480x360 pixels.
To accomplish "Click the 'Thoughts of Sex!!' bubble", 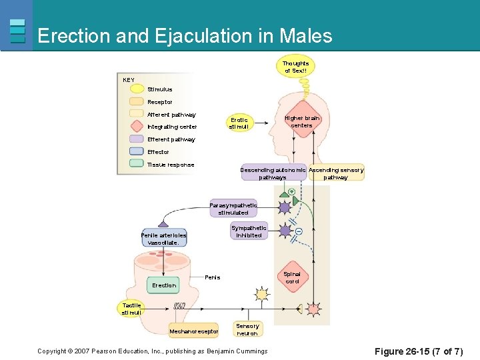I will [x=297, y=67].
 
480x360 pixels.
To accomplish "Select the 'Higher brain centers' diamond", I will [x=302, y=121].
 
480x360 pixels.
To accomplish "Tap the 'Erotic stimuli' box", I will [x=239, y=123].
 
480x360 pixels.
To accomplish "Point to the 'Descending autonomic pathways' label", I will [x=273, y=173].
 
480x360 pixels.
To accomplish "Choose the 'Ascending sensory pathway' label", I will [x=336, y=173].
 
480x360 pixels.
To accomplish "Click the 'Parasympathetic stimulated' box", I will [x=233, y=209].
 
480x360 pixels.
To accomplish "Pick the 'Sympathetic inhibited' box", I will [x=249, y=231].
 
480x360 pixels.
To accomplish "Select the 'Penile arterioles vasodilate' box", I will [x=163, y=239].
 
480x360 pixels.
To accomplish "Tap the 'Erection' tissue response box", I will [x=164, y=285].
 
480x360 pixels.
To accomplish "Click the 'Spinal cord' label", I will [x=292, y=277].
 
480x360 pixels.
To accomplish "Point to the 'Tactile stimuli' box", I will [x=131, y=309].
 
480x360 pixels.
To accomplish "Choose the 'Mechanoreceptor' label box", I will [x=193, y=331].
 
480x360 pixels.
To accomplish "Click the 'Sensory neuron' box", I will [x=247, y=329].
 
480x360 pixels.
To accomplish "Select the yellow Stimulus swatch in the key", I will [x=137, y=89].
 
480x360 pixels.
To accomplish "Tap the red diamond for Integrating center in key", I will [x=137, y=127].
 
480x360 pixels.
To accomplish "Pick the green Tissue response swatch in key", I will [x=137, y=164].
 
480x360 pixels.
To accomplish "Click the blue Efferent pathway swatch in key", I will [x=137, y=139].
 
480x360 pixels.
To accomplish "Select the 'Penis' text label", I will [x=213, y=277].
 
